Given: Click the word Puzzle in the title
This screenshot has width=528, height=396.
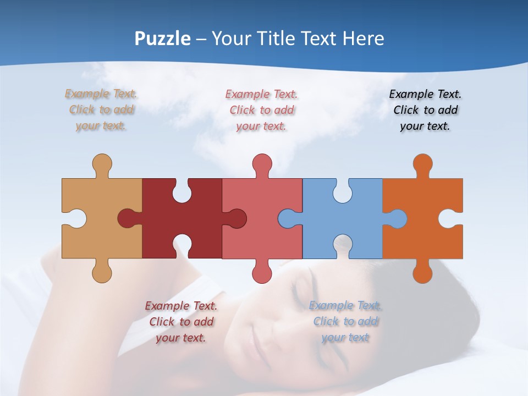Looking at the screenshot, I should click(x=163, y=38).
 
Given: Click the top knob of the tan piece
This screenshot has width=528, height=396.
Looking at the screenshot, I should click(x=102, y=164).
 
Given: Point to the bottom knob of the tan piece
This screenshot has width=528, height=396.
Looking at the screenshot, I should click(x=102, y=272).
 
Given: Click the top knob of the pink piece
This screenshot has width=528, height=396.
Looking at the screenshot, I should click(x=262, y=164).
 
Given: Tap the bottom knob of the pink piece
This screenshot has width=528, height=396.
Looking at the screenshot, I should click(x=262, y=272).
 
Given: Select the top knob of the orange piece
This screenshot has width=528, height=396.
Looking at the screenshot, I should click(x=422, y=164).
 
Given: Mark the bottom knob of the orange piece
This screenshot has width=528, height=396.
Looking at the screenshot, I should click(x=422, y=272).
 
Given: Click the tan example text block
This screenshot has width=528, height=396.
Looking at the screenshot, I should click(x=101, y=110).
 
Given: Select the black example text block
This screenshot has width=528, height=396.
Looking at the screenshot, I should click(x=425, y=110).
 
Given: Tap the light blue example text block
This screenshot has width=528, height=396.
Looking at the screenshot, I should click(x=345, y=321).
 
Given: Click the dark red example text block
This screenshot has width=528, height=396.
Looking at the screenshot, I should click(x=181, y=321).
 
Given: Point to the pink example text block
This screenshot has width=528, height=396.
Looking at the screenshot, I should click(x=262, y=110).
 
